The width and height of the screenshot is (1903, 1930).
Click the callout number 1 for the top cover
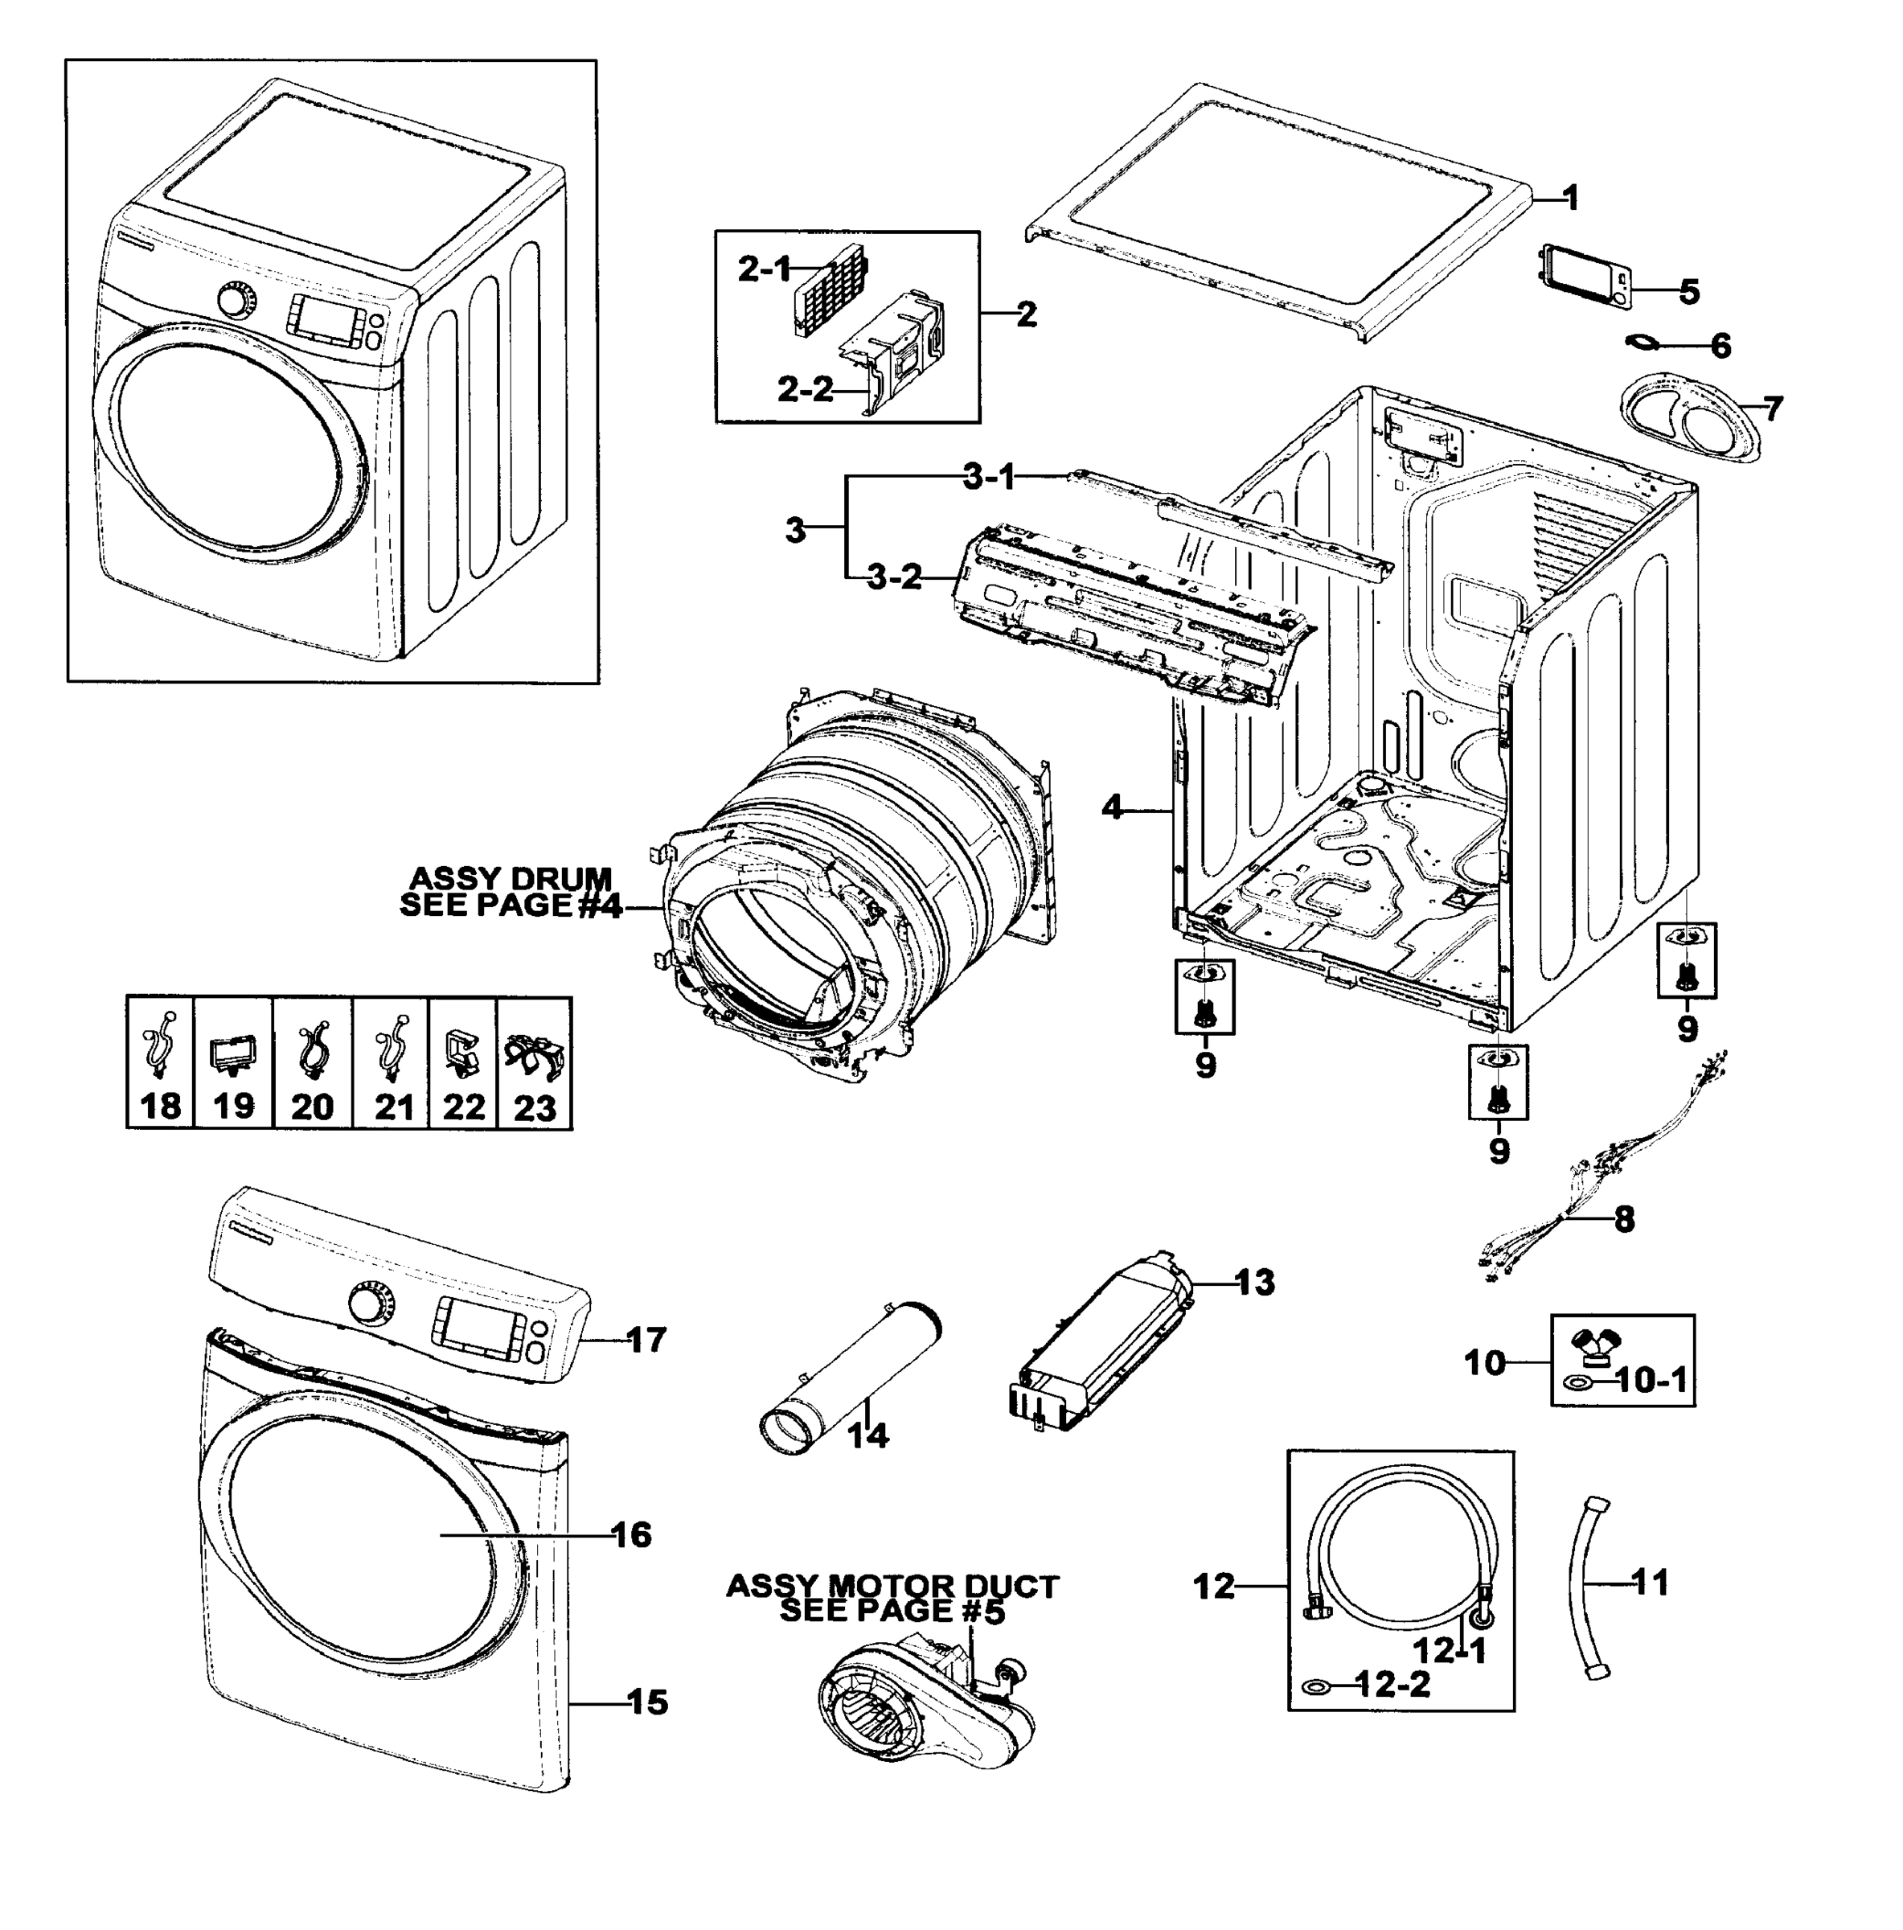(1569, 198)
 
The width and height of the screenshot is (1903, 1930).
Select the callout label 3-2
(894, 577)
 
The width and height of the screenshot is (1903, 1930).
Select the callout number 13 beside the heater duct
(1255, 1282)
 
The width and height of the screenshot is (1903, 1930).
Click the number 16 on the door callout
(631, 1534)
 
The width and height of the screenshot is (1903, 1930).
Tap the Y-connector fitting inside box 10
(1594, 1349)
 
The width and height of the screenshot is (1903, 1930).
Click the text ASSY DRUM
(511, 879)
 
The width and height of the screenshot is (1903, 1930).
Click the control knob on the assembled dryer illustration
(236, 298)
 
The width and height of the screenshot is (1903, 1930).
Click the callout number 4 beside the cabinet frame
(1113, 807)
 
